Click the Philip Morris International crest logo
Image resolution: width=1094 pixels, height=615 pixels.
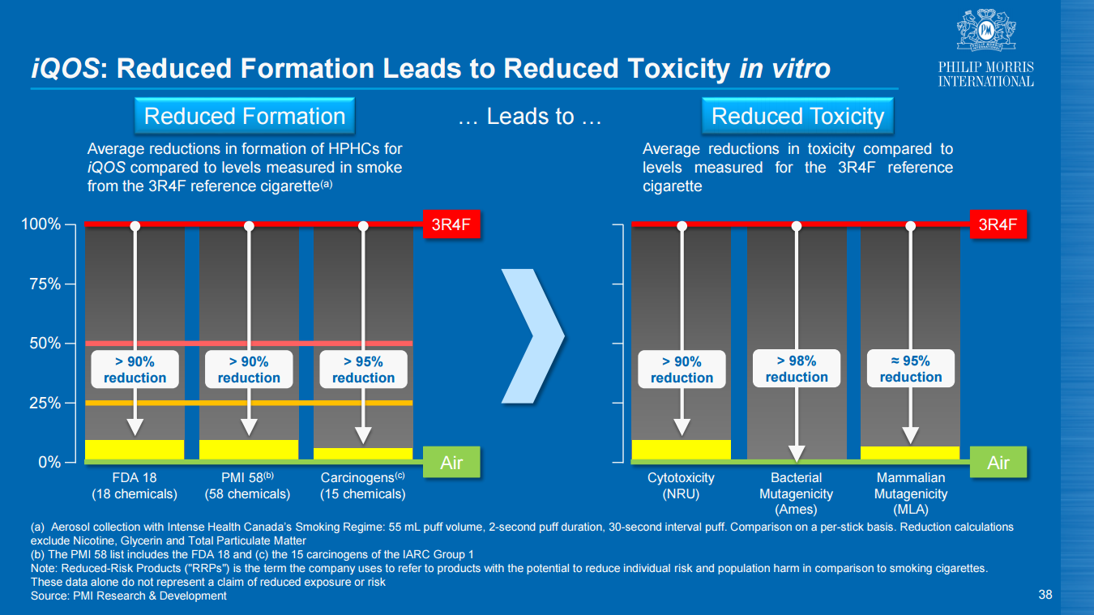[986, 30]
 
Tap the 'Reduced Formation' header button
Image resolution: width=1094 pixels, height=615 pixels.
[245, 116]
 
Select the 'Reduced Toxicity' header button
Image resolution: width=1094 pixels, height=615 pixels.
[797, 116]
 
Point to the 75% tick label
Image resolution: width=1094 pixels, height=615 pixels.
[45, 284]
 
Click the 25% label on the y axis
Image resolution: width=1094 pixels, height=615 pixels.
[45, 403]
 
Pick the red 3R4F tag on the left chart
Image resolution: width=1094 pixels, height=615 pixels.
[451, 224]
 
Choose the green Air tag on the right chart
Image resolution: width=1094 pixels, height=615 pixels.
[998, 462]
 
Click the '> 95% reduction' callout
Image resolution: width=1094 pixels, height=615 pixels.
[363, 369]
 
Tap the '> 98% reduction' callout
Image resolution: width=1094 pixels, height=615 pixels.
[797, 369]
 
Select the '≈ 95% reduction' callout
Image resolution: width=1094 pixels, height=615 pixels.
[911, 369]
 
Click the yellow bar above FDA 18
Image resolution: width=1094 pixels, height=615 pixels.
[135, 450]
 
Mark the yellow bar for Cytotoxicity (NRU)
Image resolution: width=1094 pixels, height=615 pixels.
[682, 450]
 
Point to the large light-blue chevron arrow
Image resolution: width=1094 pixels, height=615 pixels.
[533, 336]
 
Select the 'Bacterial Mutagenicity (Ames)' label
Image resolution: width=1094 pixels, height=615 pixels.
[796, 493]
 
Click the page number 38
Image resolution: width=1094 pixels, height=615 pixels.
[1045, 595]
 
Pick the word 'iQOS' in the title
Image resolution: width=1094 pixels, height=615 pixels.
[66, 68]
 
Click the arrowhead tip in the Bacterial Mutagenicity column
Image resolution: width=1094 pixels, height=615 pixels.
[797, 462]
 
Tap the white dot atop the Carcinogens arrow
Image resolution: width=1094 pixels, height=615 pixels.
[363, 226]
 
